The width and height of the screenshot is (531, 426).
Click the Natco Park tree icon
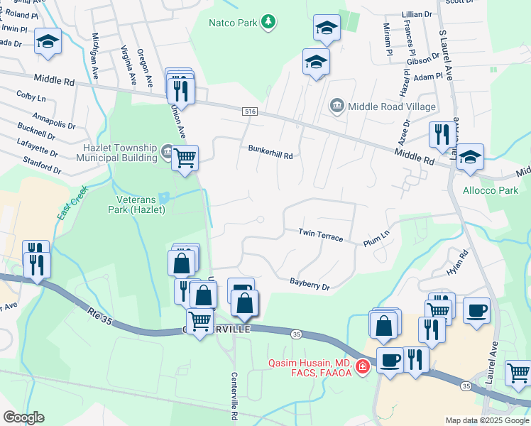268,23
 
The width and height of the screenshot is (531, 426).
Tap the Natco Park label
233,23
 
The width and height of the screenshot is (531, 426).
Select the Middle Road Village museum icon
337,106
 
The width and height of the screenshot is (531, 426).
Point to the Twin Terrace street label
321,235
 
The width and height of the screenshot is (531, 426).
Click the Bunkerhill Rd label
270,150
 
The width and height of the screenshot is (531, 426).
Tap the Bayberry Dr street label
310,284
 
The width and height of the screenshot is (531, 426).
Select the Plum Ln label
376,238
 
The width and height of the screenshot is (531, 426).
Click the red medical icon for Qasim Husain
363,367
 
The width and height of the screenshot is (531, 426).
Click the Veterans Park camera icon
165,197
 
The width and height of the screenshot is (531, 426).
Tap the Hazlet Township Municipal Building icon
166,151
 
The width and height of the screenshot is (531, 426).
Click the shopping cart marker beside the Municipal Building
185,157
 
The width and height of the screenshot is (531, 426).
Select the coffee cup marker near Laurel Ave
476,310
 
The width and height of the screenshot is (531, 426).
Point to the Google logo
23,417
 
